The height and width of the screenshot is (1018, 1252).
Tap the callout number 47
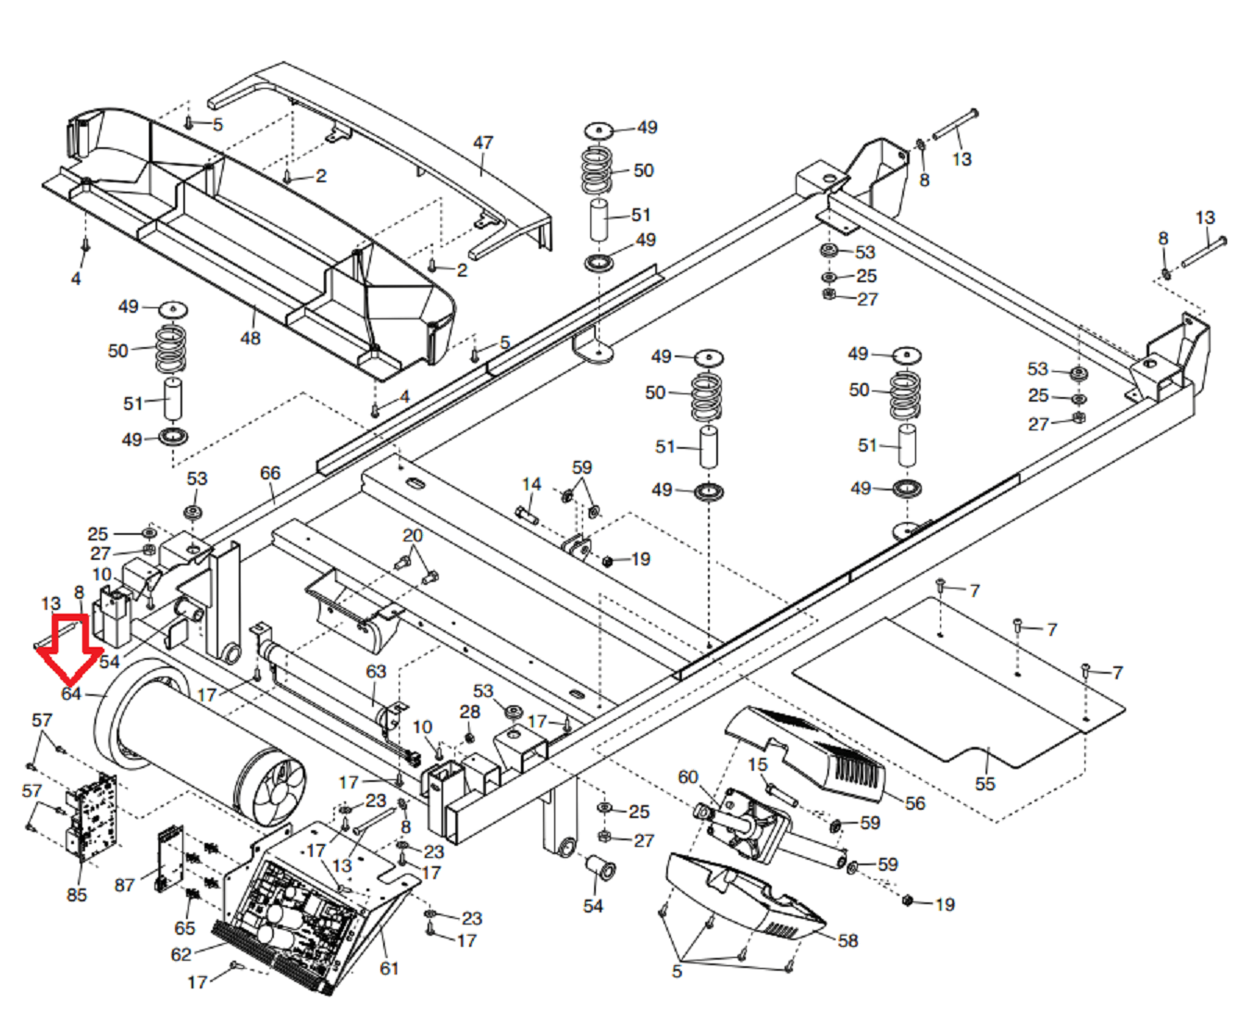coord(483,143)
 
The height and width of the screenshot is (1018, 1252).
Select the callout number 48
coord(250,339)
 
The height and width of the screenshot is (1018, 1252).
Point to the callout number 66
coord(269,473)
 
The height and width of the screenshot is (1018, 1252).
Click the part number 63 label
coord(376,671)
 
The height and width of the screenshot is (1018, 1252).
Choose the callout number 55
coord(985,784)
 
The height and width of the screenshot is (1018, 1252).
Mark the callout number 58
coord(848,940)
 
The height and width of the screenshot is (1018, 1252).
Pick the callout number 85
coord(77,895)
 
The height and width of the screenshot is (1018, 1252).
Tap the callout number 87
coord(125,885)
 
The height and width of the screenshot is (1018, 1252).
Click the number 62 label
coord(181,954)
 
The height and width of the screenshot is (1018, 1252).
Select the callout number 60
coord(688,776)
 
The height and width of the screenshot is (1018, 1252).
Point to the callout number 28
coord(470,712)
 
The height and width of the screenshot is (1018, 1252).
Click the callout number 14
coord(531,484)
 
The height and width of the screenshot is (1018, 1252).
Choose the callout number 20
coord(412,536)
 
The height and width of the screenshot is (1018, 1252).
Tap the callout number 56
coord(914,803)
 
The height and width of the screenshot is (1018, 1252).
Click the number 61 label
coord(389,968)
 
